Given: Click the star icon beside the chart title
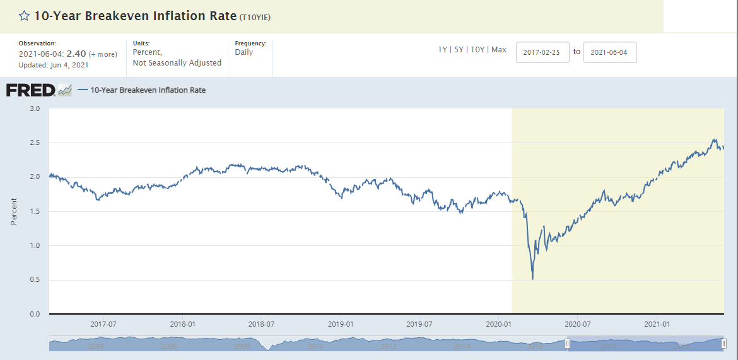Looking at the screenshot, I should (24, 16).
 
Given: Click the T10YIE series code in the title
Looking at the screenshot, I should (255, 17).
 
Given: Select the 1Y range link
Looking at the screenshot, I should (443, 50).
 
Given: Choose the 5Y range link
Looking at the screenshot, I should (460, 50).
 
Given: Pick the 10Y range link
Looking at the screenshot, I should (478, 50).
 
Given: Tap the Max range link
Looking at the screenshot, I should (499, 50).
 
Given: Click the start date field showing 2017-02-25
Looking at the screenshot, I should (542, 52).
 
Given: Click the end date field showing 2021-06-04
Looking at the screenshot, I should (610, 52).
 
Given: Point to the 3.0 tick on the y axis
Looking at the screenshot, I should (35, 109).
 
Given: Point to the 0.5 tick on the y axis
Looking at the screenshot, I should (35, 280).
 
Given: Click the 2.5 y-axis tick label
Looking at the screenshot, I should (35, 143).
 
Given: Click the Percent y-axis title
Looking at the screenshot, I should (14, 211).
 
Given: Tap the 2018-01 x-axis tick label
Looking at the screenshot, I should (182, 323).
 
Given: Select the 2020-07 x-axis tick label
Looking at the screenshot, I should (577, 323).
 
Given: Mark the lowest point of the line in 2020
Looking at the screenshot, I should (533, 279).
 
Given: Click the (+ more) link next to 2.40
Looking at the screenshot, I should (103, 55).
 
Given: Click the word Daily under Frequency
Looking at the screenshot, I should (243, 52).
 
